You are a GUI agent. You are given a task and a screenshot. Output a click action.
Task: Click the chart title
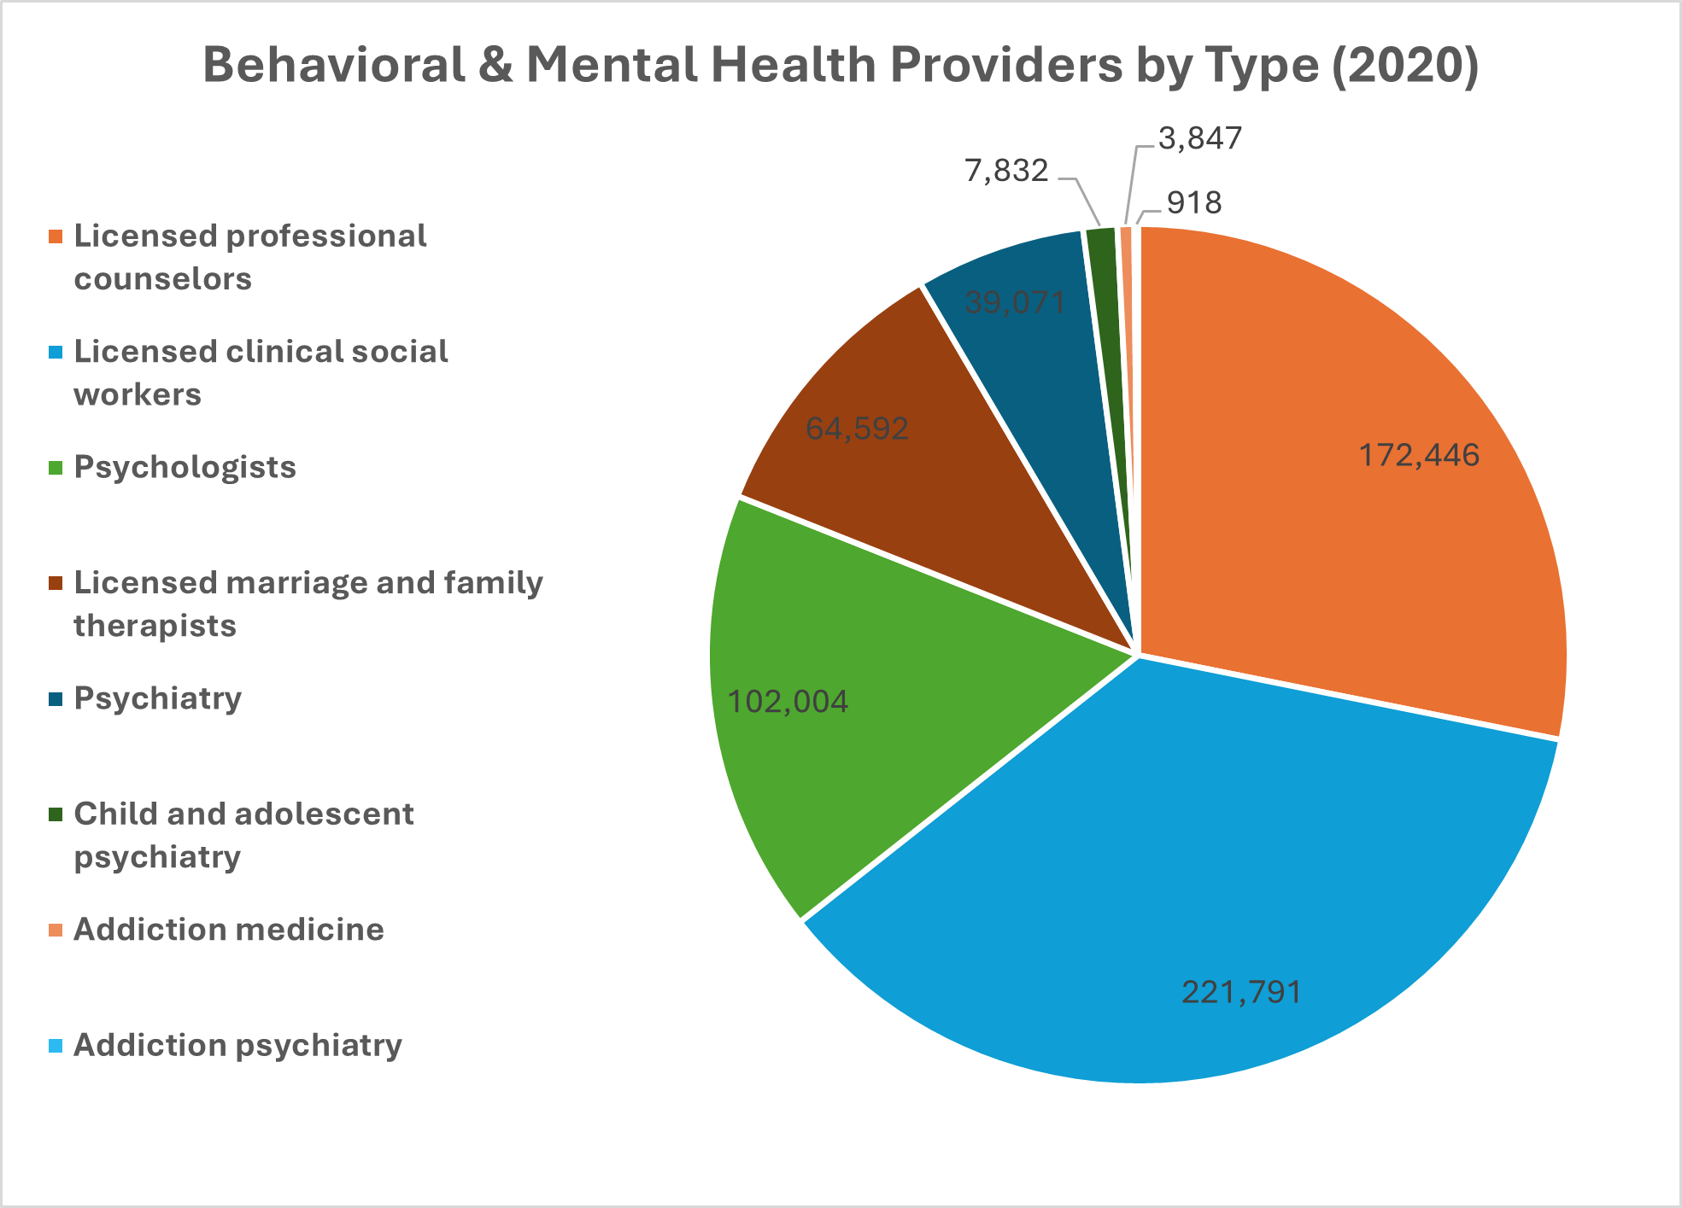tap(841, 65)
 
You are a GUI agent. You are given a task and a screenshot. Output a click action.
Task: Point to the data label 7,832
tap(1006, 171)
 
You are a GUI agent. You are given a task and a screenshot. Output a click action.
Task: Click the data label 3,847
tap(1200, 138)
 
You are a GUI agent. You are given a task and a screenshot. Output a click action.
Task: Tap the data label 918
tap(1194, 203)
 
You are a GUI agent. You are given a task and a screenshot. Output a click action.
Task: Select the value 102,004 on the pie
tap(788, 702)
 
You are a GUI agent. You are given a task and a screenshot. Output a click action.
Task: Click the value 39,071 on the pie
tap(1015, 301)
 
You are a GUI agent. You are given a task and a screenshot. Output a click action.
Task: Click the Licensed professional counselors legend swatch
tap(56, 236)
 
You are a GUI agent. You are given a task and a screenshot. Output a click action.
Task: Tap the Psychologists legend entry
tap(185, 468)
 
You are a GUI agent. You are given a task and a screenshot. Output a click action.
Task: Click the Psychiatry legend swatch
tap(56, 699)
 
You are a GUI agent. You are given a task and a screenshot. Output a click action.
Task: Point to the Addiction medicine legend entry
tap(228, 930)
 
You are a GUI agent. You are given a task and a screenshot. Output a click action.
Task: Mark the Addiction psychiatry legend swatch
tap(56, 1046)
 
